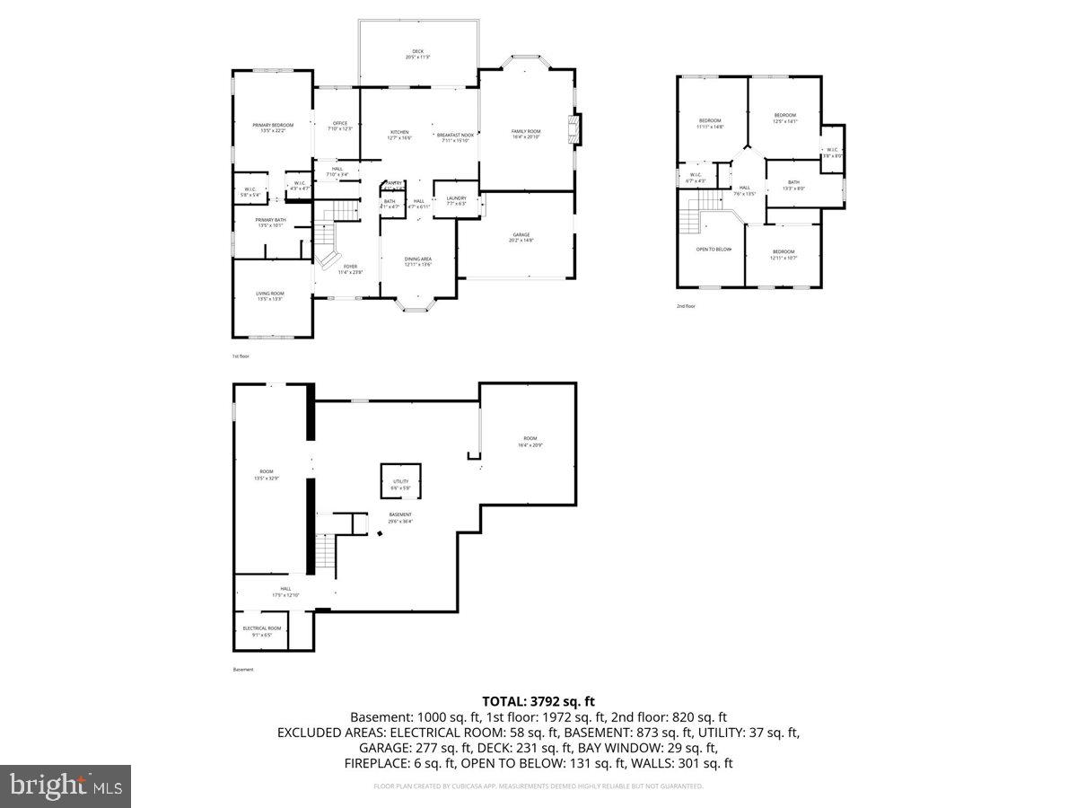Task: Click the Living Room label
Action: pos(270,295)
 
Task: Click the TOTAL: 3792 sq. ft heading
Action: pos(538,701)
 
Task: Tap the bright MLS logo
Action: pos(66,786)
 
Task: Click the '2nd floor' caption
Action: pos(687,306)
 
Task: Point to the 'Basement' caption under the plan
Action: pos(243,670)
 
